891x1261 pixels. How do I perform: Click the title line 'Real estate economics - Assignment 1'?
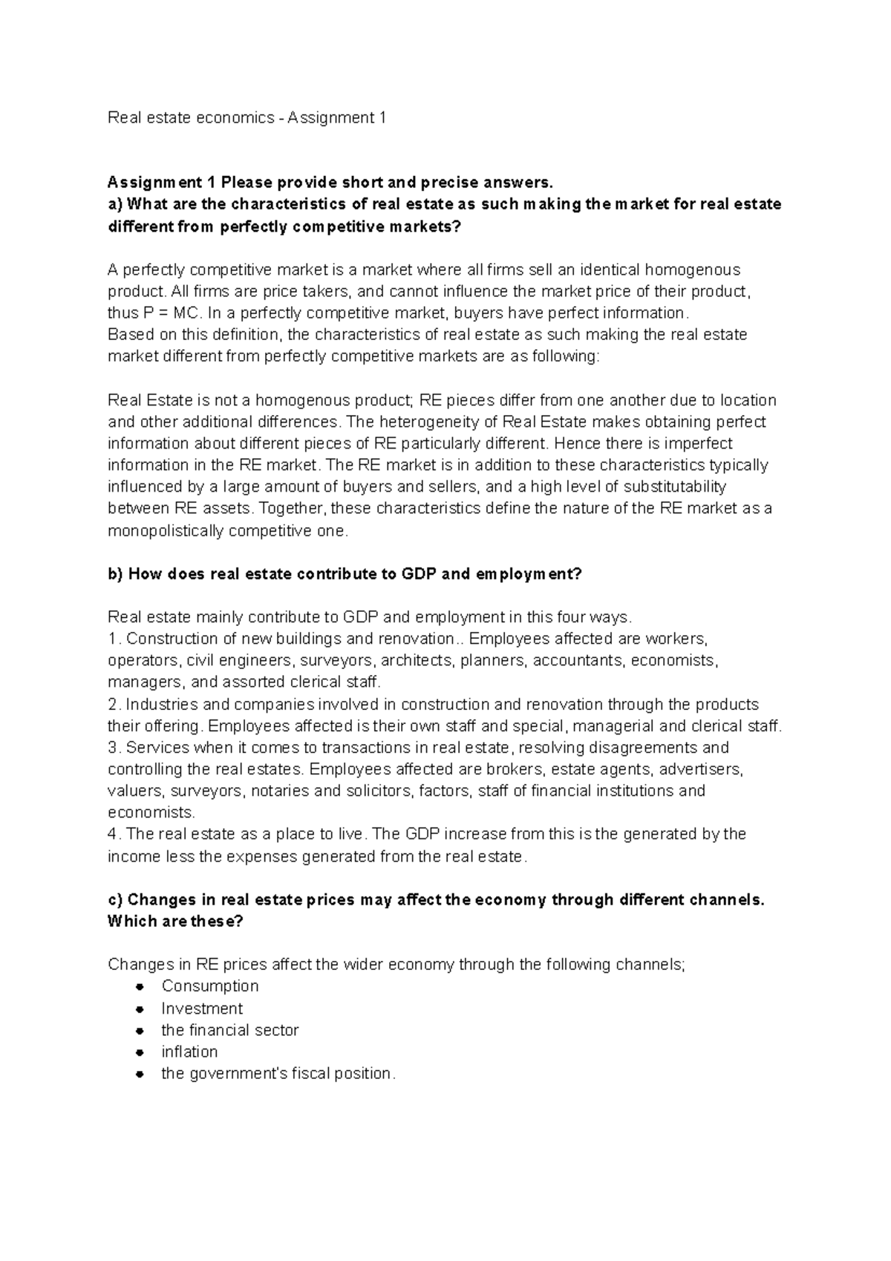247,117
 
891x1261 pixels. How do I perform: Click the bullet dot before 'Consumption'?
140,987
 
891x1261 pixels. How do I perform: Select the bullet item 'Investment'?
202,1009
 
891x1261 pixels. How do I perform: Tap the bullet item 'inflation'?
189,1052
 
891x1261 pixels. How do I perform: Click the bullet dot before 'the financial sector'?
140,1031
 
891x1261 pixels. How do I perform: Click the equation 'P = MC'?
172,313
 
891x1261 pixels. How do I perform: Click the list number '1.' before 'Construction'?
114,639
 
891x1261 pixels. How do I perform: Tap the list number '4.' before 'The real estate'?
114,834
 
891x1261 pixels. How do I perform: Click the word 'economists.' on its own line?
151,812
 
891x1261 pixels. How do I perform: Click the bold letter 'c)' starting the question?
115,900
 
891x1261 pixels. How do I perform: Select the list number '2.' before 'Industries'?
114,704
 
